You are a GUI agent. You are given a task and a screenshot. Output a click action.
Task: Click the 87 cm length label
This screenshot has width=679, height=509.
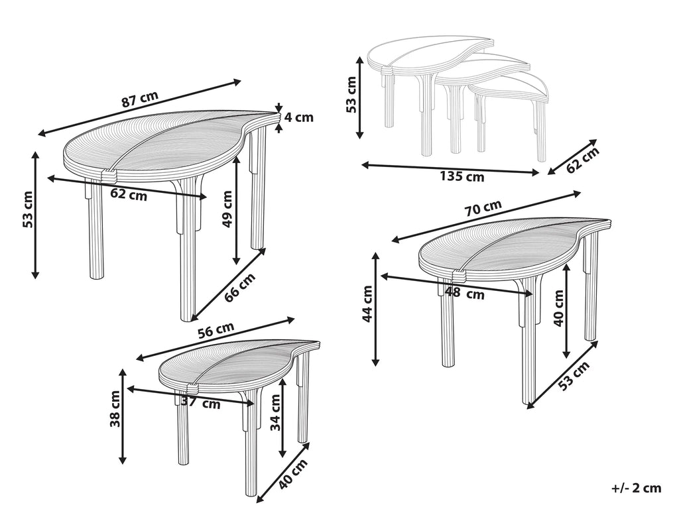pos(140,99)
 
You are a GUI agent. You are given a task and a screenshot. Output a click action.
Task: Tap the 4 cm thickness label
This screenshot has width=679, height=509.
pos(299,118)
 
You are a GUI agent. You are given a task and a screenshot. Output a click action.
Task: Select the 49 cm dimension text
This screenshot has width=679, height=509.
pos(227,209)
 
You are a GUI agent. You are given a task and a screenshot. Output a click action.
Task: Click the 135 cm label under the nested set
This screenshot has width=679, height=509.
pos(462,177)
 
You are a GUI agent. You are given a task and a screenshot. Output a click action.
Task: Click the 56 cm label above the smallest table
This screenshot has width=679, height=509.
pos(216,331)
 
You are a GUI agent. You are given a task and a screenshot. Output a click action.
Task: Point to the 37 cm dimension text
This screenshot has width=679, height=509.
pos(201,403)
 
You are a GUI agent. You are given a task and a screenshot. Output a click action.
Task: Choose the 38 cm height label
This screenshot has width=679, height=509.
pos(115,408)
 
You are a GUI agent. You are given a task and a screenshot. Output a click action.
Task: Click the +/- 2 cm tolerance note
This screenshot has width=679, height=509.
pos(636,488)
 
